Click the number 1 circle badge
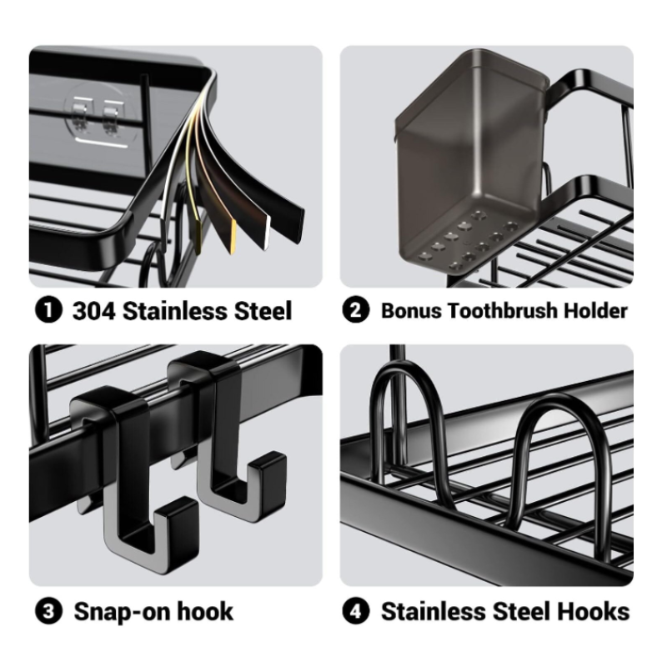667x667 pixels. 48,310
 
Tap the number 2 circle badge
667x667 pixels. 356,310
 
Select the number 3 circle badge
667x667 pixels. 48,611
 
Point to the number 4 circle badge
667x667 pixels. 356,611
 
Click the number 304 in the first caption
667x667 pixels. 94,311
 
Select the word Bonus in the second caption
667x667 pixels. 411,311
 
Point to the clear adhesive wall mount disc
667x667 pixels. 101,115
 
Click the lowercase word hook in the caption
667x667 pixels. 205,612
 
